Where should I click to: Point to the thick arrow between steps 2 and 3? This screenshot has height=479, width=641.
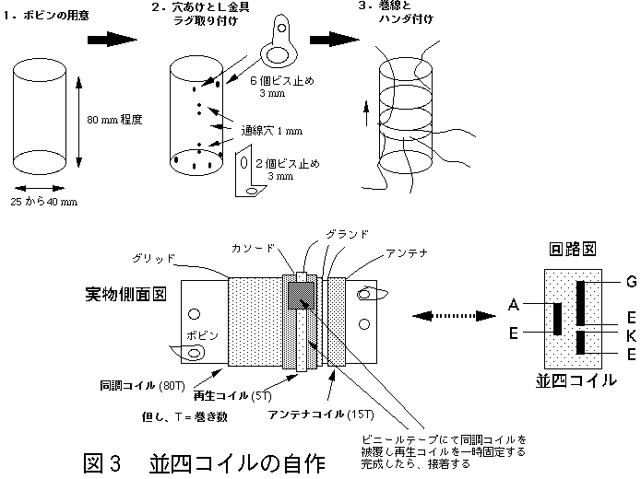[334, 39]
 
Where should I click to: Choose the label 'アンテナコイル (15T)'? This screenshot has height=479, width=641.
[315, 414]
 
